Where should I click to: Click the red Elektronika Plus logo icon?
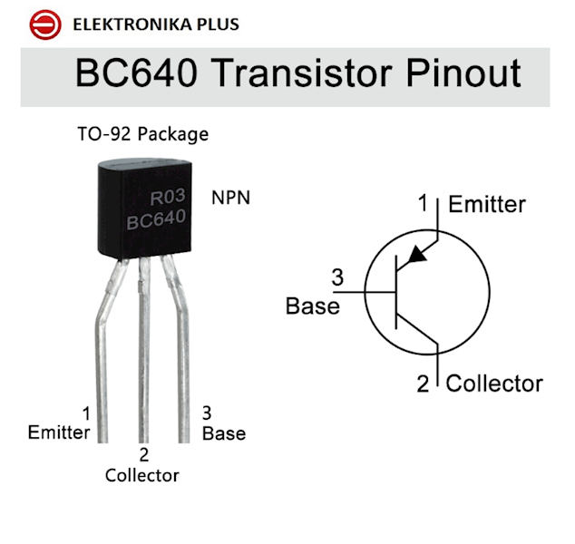point(45,24)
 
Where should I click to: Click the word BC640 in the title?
point(136,73)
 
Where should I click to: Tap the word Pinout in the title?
point(463,73)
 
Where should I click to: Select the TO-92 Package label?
point(143,134)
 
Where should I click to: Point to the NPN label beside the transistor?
point(231,198)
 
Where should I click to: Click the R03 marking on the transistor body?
point(168,197)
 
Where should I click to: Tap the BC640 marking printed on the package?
point(156,219)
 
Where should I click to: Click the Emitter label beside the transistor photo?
point(59,432)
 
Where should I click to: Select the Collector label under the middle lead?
point(141,475)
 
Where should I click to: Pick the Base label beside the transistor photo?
point(224,433)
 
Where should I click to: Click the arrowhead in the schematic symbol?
point(417,255)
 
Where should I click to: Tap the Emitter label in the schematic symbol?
point(487,204)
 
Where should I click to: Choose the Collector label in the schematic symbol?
point(494,384)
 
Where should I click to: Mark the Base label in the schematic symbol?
point(312,306)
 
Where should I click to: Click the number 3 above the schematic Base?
point(337,277)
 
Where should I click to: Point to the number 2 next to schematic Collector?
point(423,384)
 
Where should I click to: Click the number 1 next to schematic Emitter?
point(424,203)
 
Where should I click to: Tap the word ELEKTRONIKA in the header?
point(132,24)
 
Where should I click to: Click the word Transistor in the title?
point(302,73)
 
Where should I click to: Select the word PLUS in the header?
point(218,24)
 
